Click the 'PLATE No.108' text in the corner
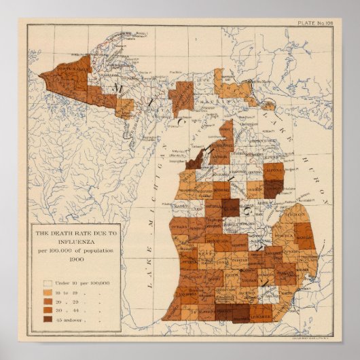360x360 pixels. coord(315,24)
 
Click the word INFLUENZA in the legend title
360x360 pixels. coord(75,242)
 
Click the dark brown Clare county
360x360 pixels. coord(230,208)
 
